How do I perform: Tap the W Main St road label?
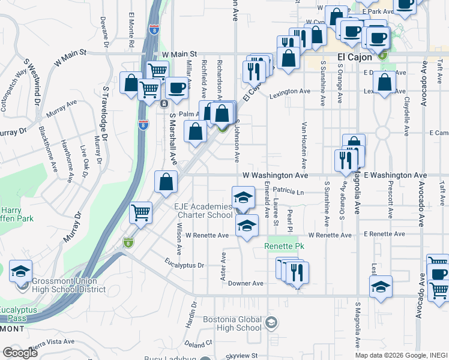point(171,55)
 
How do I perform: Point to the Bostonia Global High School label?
point(232,324)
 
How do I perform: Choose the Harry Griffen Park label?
point(14,215)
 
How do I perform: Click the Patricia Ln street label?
point(289,191)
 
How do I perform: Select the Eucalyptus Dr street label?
point(184,265)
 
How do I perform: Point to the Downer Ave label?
point(246,283)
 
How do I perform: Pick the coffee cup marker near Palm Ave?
point(176,88)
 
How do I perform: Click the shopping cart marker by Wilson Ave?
point(140,212)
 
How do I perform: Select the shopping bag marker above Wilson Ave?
point(166,182)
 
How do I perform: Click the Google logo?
point(20,353)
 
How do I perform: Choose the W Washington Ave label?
point(275,176)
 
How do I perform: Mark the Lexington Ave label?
point(289,92)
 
